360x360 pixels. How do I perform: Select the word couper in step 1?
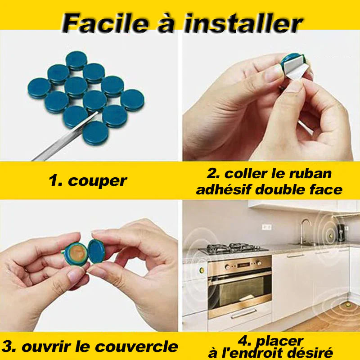pyautogui.click(x=97, y=181)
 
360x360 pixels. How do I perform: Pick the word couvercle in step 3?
pyautogui.click(x=137, y=346)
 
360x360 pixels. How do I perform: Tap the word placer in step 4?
pyautogui.click(x=279, y=342)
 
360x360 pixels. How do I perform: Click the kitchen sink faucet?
pyautogui.click(x=305, y=231)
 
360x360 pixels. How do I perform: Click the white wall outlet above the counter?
pyautogui.click(x=267, y=227)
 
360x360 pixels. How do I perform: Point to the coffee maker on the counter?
pyautogui.click(x=341, y=232)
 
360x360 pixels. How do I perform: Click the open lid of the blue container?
pyautogui.click(x=96, y=251)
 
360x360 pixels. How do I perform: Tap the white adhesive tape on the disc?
pyautogui.click(x=295, y=67)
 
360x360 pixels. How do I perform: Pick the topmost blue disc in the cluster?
pyautogui.click(x=76, y=60)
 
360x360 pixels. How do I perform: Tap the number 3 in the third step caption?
pyautogui.click(x=6, y=346)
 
